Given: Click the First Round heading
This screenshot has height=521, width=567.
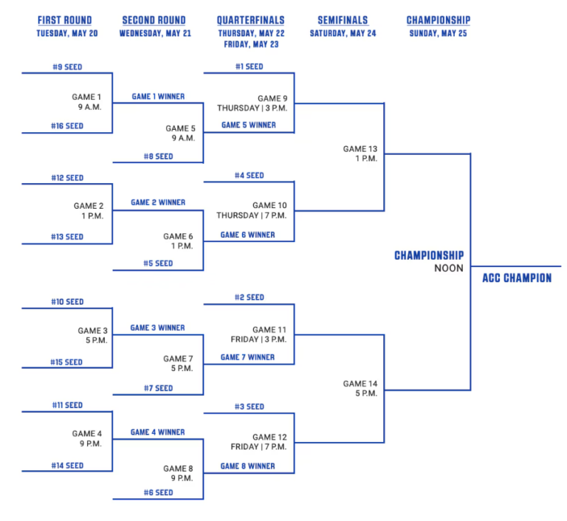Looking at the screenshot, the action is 65,20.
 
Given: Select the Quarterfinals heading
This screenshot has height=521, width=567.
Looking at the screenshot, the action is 250,20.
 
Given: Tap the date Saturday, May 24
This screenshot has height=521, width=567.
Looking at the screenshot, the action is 343,33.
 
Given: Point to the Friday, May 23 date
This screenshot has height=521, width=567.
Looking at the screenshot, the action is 251,44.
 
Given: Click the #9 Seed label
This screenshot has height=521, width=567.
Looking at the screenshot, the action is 67,67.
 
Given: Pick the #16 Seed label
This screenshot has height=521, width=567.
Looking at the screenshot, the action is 67,125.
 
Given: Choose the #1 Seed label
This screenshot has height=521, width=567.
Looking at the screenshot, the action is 249,66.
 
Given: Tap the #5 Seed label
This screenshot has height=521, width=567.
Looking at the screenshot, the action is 158,263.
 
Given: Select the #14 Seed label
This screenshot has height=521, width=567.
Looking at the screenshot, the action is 67,466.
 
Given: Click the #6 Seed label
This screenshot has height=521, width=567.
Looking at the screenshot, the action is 158,492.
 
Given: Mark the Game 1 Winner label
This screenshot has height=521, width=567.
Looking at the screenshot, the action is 158,97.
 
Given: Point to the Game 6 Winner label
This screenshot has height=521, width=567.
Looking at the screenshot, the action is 248,235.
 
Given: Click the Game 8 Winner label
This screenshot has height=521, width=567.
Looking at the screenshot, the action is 248,466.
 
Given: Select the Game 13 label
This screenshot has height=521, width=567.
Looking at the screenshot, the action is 360,149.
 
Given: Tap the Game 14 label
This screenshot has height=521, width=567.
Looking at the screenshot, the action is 360,384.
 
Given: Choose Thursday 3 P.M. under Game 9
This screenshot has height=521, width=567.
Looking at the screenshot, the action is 252,108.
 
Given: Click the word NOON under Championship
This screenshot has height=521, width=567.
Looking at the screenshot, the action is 449,269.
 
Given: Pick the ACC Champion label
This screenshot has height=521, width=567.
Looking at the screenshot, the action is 517,278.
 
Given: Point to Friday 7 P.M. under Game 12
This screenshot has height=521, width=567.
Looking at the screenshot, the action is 258,447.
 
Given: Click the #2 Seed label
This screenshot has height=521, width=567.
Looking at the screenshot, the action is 249,297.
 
